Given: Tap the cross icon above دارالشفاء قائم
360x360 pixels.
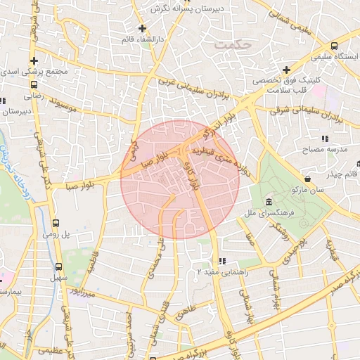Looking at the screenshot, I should pos(143,29).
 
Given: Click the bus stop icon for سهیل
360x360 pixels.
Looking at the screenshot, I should pos(58,266).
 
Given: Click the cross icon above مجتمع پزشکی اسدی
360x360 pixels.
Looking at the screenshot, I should pos(33,60).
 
